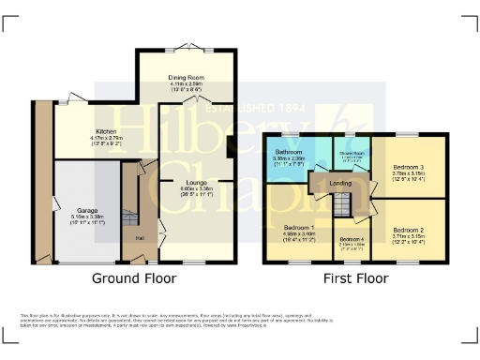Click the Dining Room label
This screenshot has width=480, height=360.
186,77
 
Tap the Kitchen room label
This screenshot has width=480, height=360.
105,131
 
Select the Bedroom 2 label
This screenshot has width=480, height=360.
408,230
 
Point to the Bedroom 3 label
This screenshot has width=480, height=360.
410,166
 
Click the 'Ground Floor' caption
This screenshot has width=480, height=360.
131,278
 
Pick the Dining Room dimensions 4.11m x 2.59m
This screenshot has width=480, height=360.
186,84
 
